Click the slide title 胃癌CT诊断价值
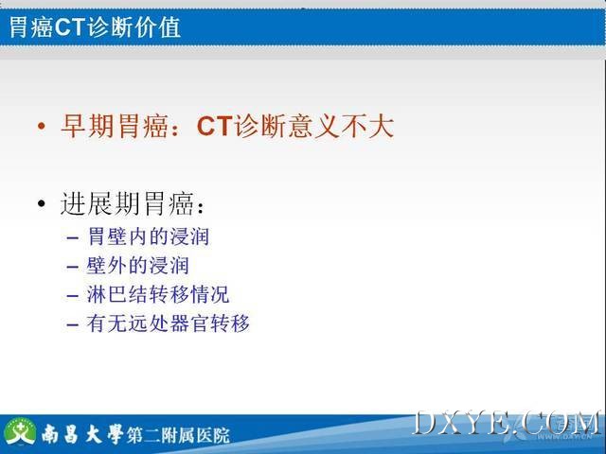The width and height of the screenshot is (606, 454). tap(95, 27)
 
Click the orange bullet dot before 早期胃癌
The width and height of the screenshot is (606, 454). tap(42, 126)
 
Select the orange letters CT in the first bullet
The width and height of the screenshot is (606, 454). tap(215, 126)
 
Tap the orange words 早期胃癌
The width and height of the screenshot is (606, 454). tap(115, 126)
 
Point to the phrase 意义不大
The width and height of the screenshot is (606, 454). tap(341, 126)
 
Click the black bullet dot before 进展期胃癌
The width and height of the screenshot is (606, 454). tap(42, 203)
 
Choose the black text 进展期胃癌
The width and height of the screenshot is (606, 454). tap(128, 203)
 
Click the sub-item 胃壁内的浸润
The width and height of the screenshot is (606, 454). tap(149, 236)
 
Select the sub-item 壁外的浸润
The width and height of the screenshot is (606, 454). tap(138, 265)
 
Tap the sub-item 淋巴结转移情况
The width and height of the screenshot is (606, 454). tap(158, 294)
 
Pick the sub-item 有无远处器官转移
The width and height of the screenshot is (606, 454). tap(169, 323)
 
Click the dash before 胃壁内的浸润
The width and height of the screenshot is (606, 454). tap(73, 237)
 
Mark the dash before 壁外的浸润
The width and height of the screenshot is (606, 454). tap(73, 267)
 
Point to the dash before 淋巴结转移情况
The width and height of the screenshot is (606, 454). tap(73, 296)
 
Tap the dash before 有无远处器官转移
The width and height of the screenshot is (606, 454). tap(73, 325)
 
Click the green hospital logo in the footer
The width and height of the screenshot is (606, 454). tap(21, 431)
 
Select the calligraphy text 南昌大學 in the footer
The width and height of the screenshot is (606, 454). tap(82, 434)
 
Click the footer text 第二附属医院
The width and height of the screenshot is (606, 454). tap(179, 435)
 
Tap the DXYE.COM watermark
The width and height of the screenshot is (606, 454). tap(508, 424)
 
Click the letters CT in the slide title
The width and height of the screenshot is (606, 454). tap(69, 27)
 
